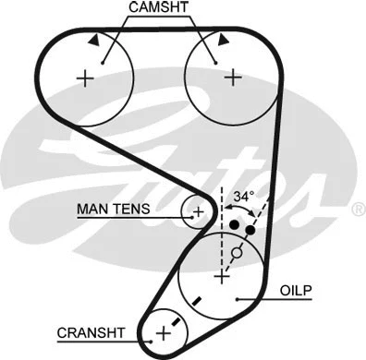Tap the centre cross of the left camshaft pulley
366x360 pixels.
click(86, 78)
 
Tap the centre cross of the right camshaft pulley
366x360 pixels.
click(230, 78)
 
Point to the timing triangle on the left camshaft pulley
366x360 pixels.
click(95, 41)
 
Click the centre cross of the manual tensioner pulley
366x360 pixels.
click(197, 212)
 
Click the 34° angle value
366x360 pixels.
click(243, 197)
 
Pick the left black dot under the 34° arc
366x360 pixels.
click(235, 224)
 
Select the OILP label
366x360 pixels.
click(295, 291)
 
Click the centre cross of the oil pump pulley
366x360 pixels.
click(221, 275)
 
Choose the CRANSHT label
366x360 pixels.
click(89, 332)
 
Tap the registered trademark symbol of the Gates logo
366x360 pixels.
click(358, 210)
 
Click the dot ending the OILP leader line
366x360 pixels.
click(238, 298)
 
